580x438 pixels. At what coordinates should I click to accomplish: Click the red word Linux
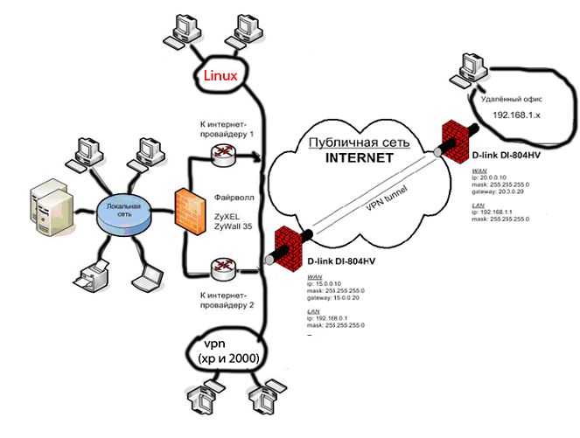click(x=220, y=76)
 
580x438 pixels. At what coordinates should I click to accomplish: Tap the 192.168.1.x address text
click(x=517, y=115)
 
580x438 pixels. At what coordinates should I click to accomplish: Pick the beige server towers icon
click(x=45, y=209)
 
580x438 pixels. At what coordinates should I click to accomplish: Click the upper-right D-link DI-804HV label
click(x=508, y=154)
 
